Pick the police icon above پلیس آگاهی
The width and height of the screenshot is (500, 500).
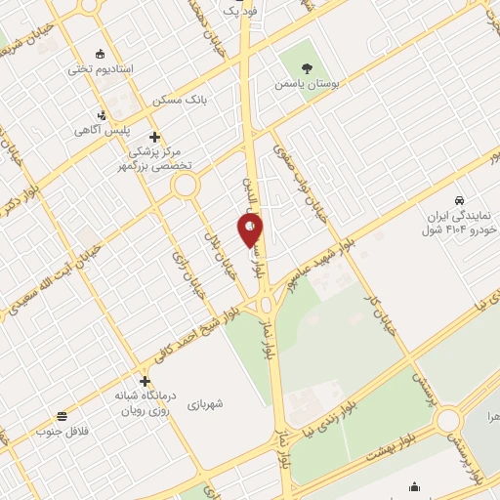pos(103,115)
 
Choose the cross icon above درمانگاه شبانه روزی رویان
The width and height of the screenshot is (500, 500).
pos(145,382)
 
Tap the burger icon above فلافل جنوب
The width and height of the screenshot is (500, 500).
pos(62,416)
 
